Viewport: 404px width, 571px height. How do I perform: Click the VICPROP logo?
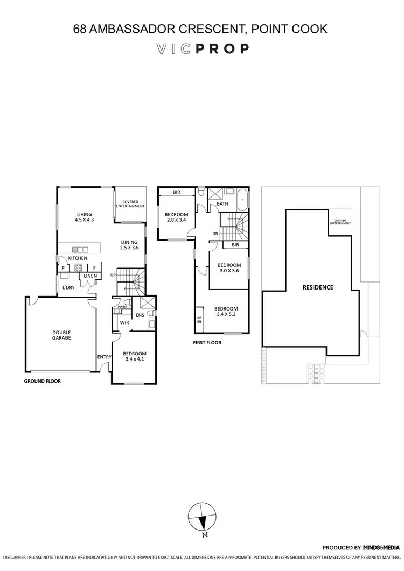(202, 49)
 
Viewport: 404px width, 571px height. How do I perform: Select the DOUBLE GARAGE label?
(61, 335)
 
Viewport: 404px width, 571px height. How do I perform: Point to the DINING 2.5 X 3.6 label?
(129, 245)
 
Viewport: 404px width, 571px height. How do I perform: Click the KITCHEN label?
(78, 258)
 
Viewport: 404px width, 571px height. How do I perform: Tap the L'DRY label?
(68, 287)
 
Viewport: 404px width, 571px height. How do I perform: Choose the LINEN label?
(89, 276)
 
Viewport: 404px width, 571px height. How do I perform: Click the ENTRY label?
(103, 357)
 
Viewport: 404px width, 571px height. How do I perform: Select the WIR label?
(123, 322)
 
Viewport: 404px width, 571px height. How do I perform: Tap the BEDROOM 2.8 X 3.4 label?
(177, 217)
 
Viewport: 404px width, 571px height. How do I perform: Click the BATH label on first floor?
(222, 204)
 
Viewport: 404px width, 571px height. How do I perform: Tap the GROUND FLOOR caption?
(42, 380)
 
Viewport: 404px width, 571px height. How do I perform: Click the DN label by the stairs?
(215, 234)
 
